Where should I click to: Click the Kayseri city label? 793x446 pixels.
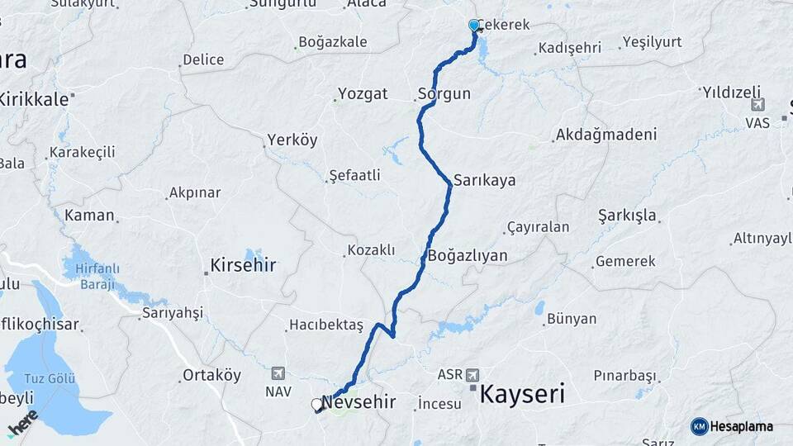pos(523,393)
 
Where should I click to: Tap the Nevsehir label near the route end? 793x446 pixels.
pos(359,402)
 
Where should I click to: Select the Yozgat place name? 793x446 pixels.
pos(361,93)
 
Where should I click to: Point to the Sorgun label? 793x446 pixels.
pos(444,93)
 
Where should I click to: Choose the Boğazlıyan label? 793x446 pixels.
pos(467,255)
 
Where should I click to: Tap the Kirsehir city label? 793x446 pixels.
pos(243,266)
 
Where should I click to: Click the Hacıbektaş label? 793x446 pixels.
pos(326,325)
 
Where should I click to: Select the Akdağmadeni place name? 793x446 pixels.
pos(606,134)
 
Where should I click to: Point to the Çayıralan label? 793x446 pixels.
pos(538,227)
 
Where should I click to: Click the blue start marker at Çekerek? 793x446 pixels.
pos(474,26)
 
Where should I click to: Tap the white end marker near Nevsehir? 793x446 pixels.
pos(316,405)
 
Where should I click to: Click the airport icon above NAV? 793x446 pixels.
pos(278,373)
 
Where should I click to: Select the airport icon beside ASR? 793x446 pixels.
pos(472,373)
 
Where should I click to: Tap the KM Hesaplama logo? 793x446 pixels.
pos(732,426)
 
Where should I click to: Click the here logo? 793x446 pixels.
pos(22,423)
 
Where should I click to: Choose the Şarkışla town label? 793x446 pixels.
pos(628,216)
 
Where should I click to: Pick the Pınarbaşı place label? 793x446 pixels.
pos(624,375)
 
